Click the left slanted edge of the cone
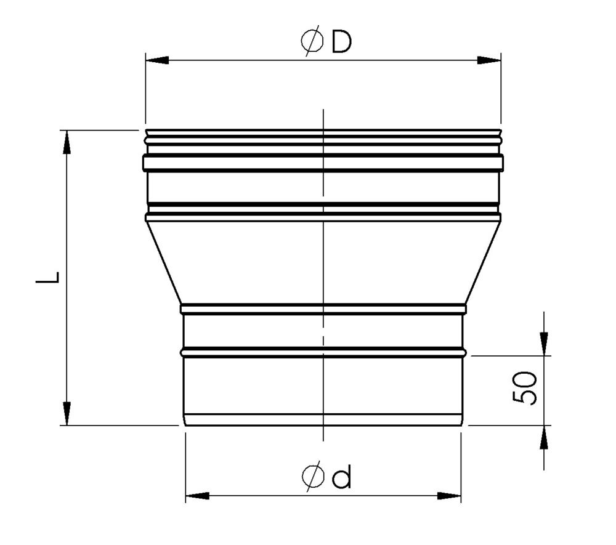(164, 262)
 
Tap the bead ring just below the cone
(323, 306)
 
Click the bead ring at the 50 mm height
(323, 353)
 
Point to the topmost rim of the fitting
(323, 131)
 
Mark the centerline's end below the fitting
(323, 438)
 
